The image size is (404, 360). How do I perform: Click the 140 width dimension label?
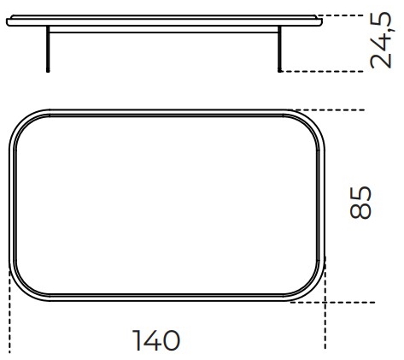156,340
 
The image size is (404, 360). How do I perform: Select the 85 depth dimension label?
360,203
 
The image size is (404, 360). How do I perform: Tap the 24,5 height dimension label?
381,40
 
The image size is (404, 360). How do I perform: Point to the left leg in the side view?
48,49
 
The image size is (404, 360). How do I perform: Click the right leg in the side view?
279,49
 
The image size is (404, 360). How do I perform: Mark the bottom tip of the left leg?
48,72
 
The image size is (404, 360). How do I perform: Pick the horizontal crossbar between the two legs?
164,32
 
